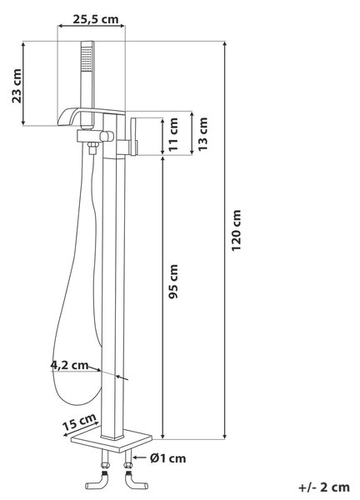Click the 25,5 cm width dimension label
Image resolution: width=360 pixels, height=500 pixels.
coord(96,19)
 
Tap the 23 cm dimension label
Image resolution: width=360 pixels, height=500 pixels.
coord(17,86)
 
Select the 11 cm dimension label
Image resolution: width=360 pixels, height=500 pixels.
coord(174,134)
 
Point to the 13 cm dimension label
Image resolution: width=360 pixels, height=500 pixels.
coord(202,134)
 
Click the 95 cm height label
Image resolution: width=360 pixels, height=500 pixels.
coord(174,282)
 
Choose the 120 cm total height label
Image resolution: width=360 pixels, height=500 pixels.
coord(237,231)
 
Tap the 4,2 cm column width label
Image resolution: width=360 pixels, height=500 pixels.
coord(69,365)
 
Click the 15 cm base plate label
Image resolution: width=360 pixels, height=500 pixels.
coord(79,422)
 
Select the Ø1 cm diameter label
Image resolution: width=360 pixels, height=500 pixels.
coord(168,458)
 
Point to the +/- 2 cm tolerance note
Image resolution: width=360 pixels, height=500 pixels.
coord(324,487)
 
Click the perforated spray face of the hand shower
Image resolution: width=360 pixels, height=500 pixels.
coord(87,59)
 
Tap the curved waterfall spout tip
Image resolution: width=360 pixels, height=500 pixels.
coord(62,120)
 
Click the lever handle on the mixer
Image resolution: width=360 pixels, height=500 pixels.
coord(134,136)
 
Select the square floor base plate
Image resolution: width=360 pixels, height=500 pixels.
coord(112,441)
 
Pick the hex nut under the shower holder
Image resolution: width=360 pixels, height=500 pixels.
coord(92,148)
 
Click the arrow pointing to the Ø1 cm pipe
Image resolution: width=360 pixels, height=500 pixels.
coord(139,457)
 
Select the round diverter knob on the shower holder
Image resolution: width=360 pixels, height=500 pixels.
coord(107,137)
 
